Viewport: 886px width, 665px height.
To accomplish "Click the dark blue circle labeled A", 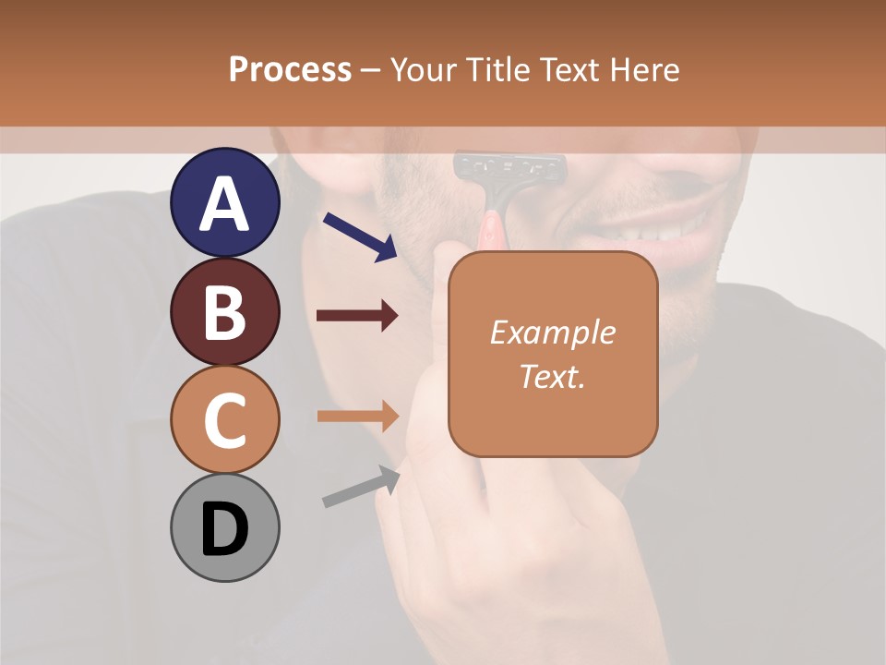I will pyautogui.click(x=224, y=203).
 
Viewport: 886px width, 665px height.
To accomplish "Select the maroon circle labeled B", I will pyautogui.click(x=224, y=312).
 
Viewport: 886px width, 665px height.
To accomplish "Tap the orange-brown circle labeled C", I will pyautogui.click(x=224, y=420).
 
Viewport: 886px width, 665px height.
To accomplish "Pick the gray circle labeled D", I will pyautogui.click(x=224, y=528).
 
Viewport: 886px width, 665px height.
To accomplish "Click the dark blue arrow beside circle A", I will pyautogui.click(x=361, y=236).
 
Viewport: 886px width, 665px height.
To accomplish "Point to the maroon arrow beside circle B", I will pyautogui.click(x=357, y=316).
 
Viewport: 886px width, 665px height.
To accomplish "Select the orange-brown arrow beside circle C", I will pyautogui.click(x=357, y=416).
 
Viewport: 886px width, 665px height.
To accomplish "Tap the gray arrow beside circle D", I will pyautogui.click(x=361, y=486).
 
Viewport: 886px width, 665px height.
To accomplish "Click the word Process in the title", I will pyautogui.click(x=290, y=69).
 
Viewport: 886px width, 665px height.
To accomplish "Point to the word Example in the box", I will pyautogui.click(x=552, y=332).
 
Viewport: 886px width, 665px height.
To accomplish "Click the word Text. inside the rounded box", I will pyautogui.click(x=552, y=376).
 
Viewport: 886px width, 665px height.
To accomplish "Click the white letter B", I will pyautogui.click(x=224, y=312).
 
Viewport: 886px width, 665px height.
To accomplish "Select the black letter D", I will pyautogui.click(x=224, y=529).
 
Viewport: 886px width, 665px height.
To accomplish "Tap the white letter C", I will pyautogui.click(x=224, y=420).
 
